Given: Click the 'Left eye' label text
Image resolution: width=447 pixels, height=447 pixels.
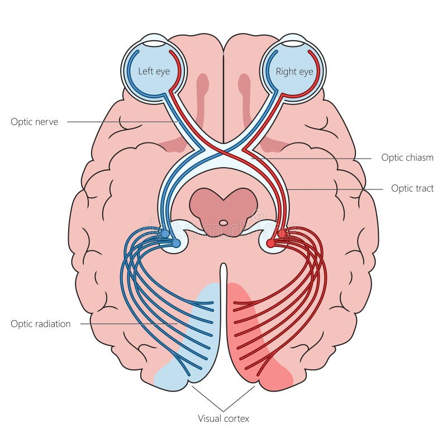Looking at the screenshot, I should pos(154,72).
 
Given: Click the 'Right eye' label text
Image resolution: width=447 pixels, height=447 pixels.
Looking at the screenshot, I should pos(294,72).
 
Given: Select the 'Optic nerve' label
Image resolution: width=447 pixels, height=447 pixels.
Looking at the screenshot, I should pos(35,121).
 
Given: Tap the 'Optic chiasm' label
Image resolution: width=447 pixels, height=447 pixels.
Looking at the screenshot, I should pos(407,158).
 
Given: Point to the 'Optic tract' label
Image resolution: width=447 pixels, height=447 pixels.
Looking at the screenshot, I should pos(412,188).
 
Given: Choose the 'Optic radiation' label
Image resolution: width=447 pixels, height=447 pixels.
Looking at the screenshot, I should pos(41,324).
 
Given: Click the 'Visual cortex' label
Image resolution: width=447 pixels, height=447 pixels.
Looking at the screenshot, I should pos(223,418).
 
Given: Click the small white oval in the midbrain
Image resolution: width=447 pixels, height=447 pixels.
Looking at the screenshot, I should pos(223,222).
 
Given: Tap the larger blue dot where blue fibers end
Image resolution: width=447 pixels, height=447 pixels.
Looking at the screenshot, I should pos(176,243).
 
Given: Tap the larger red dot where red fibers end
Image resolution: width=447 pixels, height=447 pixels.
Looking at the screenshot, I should pos(271,243).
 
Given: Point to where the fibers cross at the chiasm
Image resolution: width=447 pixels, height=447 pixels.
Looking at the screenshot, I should pos(223,149).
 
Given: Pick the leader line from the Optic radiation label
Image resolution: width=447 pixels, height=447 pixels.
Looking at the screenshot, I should pos(129,324).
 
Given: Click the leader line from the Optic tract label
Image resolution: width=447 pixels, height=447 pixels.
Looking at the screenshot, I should pos(335,189).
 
